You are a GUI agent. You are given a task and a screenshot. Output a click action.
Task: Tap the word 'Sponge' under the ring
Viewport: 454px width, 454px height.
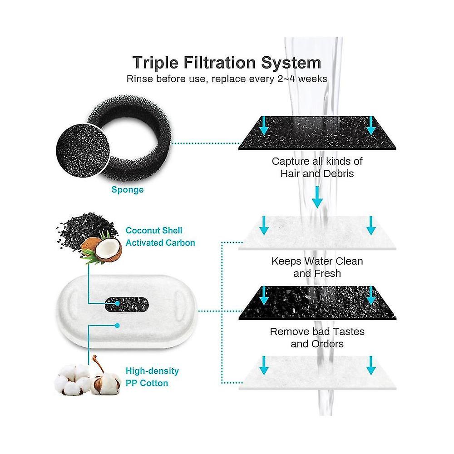128,190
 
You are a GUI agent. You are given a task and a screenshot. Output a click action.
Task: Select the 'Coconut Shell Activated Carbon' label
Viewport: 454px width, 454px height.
160,237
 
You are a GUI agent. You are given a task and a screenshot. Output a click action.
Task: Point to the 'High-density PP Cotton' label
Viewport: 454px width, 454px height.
152,377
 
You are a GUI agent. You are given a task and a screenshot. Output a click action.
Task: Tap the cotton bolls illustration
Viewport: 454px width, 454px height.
87,376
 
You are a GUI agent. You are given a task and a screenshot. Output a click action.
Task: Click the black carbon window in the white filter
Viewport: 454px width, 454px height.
126,305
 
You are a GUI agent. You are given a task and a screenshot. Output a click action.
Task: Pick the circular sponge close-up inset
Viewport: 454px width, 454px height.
83,151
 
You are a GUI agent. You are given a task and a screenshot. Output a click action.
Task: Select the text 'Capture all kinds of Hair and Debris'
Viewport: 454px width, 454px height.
317,168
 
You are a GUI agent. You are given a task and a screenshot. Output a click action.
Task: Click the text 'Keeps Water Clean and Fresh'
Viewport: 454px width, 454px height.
317,267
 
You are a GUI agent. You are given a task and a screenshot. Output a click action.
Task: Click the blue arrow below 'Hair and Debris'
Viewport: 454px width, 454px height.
317,197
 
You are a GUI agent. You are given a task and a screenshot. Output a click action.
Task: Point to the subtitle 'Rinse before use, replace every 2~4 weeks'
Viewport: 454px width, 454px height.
227,79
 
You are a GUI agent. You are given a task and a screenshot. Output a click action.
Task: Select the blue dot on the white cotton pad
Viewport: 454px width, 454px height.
117,326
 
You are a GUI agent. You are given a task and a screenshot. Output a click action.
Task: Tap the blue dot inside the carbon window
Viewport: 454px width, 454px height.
117,303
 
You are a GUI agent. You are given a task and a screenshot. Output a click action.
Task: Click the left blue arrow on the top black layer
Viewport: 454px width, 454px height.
264,126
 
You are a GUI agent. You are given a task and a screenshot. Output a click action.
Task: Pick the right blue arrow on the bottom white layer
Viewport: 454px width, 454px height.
371,365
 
